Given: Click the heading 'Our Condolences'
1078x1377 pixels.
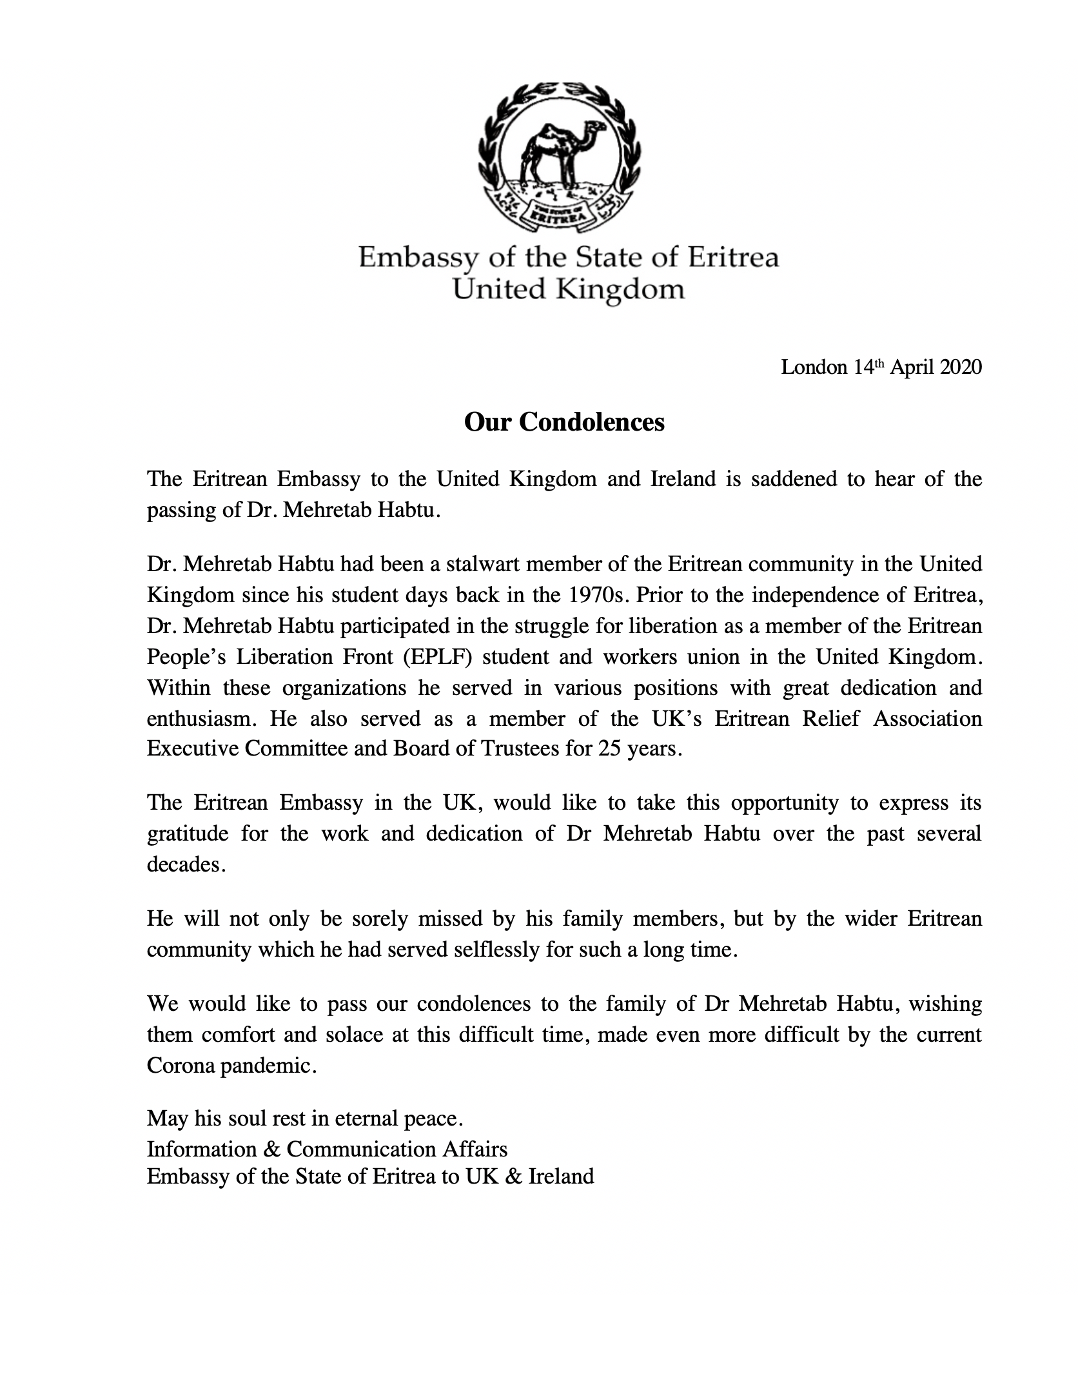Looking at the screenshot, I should click(564, 422).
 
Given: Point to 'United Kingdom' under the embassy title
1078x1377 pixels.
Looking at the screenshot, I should click(567, 289).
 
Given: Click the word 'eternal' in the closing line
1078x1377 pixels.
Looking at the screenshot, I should click(365, 1118).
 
